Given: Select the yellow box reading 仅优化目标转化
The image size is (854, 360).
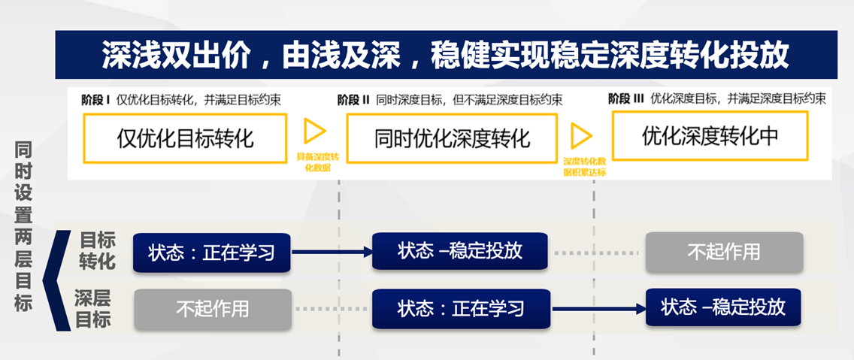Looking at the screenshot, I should coord(185,138).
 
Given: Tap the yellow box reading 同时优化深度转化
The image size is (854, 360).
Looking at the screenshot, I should coord(452,138).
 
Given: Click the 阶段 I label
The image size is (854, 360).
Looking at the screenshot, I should coord(95,99).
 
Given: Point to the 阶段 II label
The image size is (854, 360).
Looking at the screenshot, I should coord(353,99).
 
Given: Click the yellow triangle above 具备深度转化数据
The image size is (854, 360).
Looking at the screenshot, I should coord(314,132).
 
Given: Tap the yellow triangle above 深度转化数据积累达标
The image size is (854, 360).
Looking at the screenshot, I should coord(580,135).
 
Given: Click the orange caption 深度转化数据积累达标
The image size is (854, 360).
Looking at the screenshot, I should coord(584,166).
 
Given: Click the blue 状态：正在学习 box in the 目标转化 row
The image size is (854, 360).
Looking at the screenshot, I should coord(211,253).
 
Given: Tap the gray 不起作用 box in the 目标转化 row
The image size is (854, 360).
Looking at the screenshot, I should coord(723,251).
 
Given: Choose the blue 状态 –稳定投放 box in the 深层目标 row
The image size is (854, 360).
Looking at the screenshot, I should coord(723,307).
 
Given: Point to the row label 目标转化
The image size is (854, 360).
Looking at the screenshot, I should coord(97,251).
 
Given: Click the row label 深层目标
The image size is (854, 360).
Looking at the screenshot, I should coord(93,308).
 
